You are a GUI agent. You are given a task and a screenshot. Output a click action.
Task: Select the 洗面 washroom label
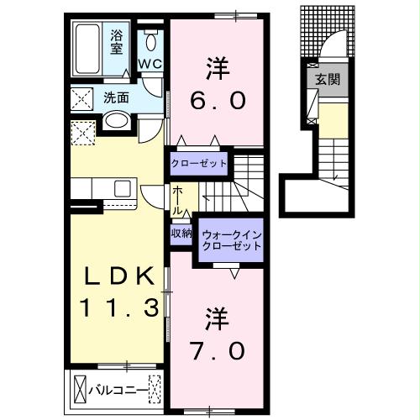tap(116, 97)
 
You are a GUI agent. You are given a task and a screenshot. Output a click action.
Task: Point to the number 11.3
tap(118, 308)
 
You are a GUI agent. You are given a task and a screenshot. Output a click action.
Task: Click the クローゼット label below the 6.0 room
tap(198, 162)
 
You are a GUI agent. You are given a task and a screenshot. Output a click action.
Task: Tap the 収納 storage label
tap(181, 233)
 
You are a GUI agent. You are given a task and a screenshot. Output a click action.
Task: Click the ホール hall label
tap(178, 202)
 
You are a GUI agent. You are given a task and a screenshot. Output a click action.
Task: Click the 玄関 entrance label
tap(326, 80)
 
